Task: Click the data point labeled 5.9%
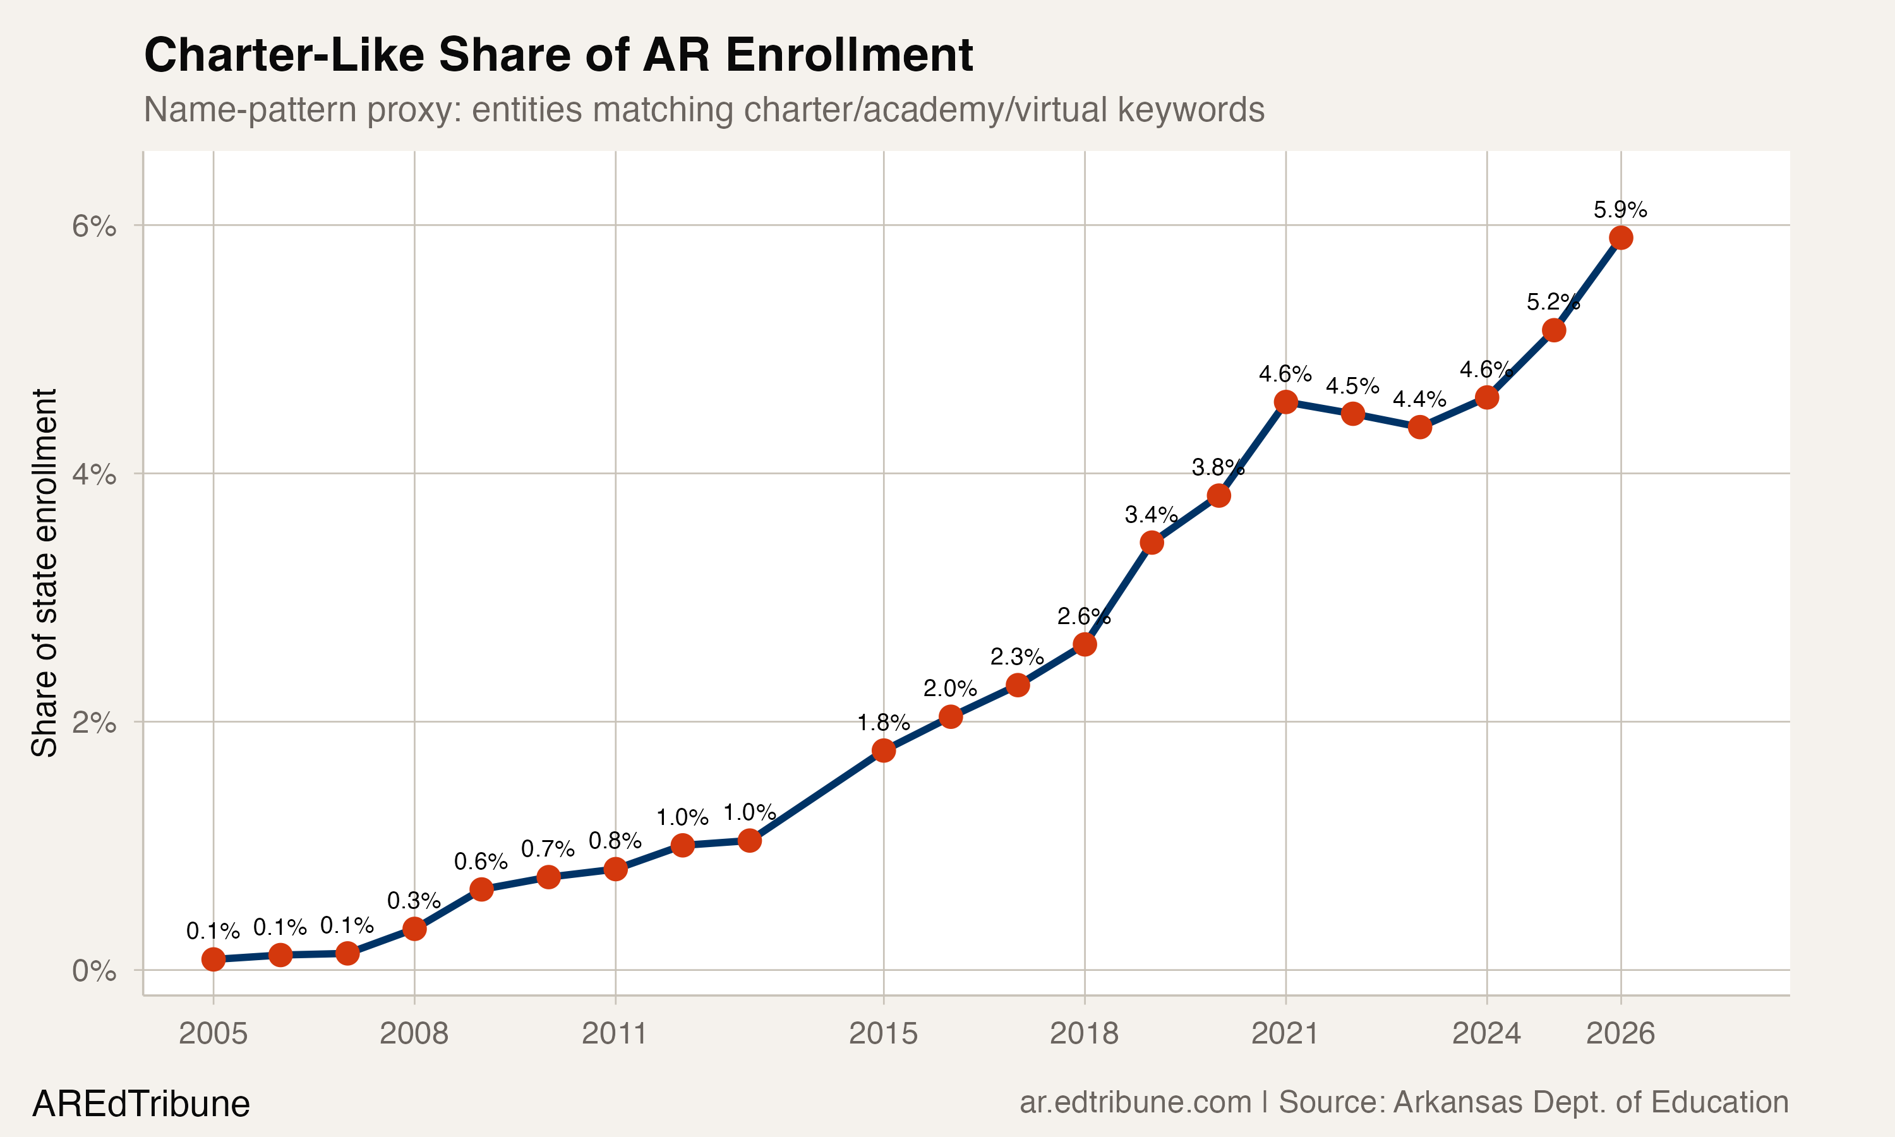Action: [1620, 238]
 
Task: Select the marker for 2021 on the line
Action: [1285, 402]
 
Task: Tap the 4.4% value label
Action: [1419, 399]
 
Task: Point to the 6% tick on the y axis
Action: [93, 226]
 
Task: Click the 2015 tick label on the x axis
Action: [882, 1033]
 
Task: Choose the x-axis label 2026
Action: [1620, 1033]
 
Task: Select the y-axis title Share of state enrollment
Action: [44, 572]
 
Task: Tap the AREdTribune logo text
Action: [141, 1104]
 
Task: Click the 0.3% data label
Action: [414, 901]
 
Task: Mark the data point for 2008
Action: [414, 929]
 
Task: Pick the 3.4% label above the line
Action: [1150, 514]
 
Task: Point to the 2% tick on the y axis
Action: [93, 723]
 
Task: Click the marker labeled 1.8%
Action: [883, 750]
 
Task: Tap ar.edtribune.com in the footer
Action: [1135, 1102]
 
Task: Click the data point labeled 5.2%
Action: [1553, 330]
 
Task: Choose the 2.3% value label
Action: [1016, 656]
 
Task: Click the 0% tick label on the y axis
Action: [93, 971]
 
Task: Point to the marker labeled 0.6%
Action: [481, 889]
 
